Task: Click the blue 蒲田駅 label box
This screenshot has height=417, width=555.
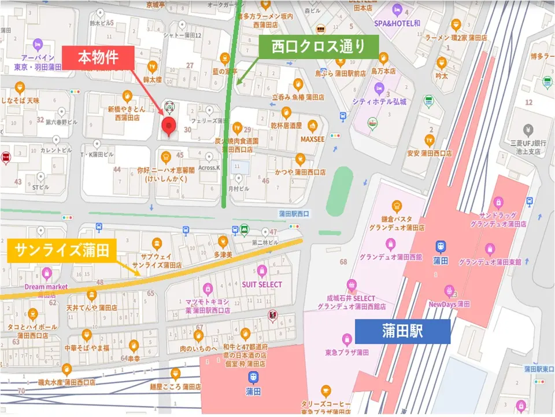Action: (x=402, y=331)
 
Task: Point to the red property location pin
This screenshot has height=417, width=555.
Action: (x=168, y=126)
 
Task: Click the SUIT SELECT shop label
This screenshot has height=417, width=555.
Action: (x=262, y=284)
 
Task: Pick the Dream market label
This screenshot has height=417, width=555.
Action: (x=46, y=287)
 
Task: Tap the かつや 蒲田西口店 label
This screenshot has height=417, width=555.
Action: (x=300, y=172)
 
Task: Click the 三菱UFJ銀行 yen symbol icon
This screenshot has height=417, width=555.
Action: (x=527, y=129)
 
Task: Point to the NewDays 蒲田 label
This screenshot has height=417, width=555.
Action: (x=449, y=304)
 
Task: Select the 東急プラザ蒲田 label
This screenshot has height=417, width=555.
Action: (x=347, y=353)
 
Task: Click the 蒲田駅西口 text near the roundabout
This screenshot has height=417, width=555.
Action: (x=294, y=214)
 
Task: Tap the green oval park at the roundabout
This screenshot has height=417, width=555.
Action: (x=339, y=191)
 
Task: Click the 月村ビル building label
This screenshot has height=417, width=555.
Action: (x=238, y=188)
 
